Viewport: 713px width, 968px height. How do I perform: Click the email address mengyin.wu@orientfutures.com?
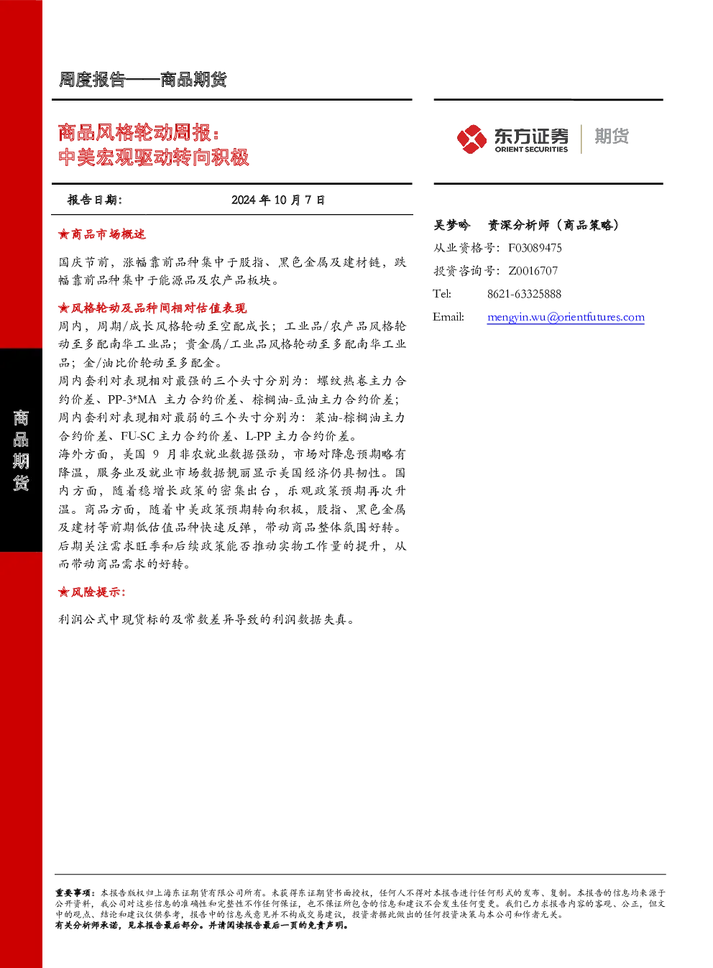(566, 318)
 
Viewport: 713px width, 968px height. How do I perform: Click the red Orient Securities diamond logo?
(471, 139)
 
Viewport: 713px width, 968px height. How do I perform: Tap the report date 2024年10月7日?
(278, 200)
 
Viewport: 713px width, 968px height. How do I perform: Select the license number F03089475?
(535, 248)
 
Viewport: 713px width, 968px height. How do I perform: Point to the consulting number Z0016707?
(533, 271)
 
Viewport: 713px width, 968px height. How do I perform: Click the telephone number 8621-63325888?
(524, 295)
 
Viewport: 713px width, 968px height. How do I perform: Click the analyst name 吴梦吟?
(451, 225)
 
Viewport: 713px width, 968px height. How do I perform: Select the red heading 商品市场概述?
(109, 235)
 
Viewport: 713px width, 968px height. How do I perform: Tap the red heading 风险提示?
(98, 592)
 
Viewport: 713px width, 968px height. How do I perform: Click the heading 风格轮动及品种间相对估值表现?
(159, 308)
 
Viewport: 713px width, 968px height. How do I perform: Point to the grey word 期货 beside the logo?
(612, 136)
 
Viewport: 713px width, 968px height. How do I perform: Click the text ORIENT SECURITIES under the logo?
(531, 149)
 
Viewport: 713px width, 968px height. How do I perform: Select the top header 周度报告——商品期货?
(142, 80)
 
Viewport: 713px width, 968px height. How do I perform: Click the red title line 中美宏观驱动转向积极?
(154, 157)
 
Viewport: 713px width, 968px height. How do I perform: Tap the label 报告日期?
(95, 200)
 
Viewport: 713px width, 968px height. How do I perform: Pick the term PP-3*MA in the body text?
(132, 400)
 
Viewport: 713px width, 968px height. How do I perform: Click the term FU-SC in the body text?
(138, 436)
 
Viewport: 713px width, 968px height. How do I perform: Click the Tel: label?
(442, 295)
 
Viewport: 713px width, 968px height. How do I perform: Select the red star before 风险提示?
(63, 592)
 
